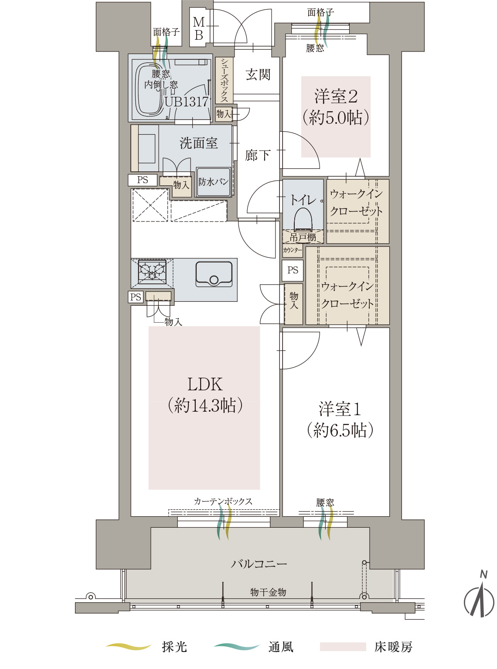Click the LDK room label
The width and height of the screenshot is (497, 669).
(x=205, y=385)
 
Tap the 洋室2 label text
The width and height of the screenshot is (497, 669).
(x=336, y=96)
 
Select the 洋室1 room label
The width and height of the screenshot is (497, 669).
(x=340, y=409)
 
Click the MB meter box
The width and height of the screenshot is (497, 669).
(x=199, y=28)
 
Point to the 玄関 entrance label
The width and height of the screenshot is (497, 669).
(x=258, y=75)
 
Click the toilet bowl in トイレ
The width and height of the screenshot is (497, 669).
(x=303, y=221)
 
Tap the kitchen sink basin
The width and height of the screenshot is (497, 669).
(x=214, y=274)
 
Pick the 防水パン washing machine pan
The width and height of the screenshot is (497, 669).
(x=214, y=182)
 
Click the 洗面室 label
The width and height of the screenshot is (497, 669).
(x=199, y=143)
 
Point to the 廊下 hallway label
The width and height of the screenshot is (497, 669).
(x=258, y=155)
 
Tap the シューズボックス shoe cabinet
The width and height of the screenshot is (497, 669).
(x=224, y=80)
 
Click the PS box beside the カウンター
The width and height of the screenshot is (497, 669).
(x=293, y=270)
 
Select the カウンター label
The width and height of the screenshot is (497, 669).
(x=293, y=250)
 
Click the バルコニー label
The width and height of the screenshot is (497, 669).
(x=259, y=564)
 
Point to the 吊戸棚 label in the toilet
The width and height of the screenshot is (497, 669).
(x=303, y=237)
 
